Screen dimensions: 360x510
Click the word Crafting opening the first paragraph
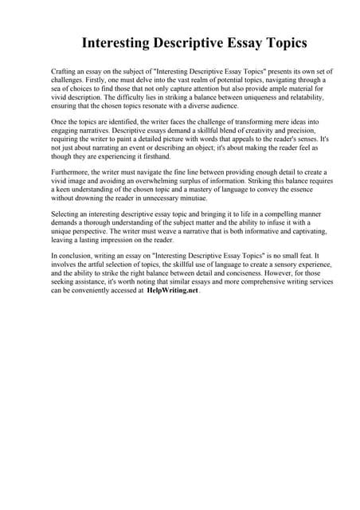coord(66,72)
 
